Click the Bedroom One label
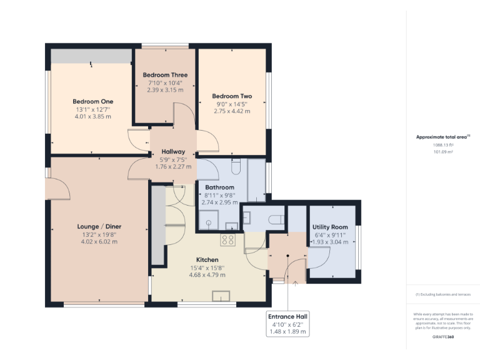pos(92,101)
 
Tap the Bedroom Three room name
pos(165,75)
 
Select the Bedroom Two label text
pos(232,96)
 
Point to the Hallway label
pos(173,152)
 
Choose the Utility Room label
pos(330,227)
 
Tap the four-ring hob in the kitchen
pos(227,239)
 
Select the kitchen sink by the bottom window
pos(221,296)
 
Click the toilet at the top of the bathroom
pos(236,167)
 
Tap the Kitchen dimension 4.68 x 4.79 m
pos(207,274)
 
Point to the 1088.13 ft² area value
pos(444,144)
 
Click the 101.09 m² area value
pos(444,151)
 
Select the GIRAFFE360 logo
pos(443,337)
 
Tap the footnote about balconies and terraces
pos(442,294)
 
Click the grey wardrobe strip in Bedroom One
pos(92,56)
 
